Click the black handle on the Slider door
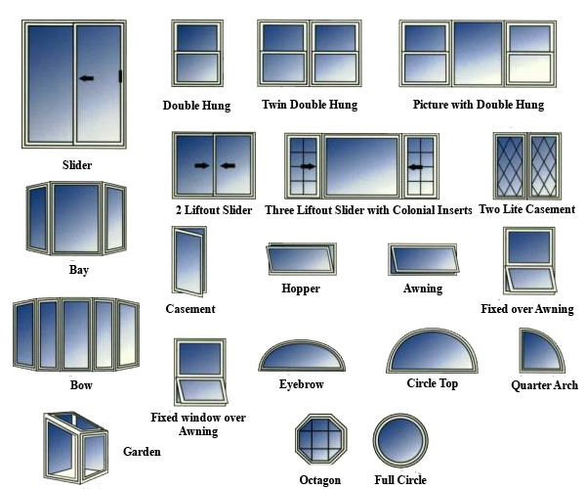(121, 76)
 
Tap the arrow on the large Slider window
(87, 78)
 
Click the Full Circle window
(400, 440)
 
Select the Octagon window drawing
(321, 439)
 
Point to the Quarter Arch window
(542, 350)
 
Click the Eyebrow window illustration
(302, 355)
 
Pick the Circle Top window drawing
(432, 351)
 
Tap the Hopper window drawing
(301, 259)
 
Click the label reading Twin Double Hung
(310, 105)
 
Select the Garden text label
(142, 452)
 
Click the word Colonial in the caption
(415, 210)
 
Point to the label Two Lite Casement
(527, 209)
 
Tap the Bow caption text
(81, 385)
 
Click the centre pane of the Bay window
(76, 218)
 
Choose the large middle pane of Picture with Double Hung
(478, 54)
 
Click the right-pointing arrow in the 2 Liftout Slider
(202, 165)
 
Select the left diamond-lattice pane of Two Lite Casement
(510, 166)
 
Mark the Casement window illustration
(189, 261)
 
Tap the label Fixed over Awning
(527, 309)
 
